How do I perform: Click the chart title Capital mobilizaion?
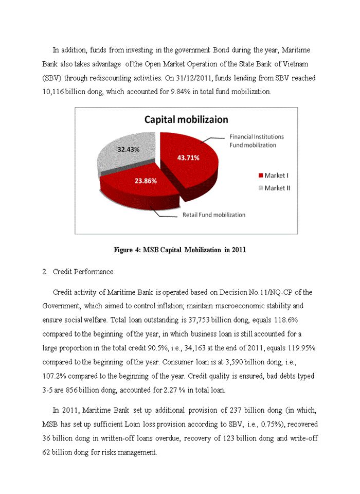point(186,119)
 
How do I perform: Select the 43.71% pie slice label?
point(188,157)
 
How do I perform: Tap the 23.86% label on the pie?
point(145,181)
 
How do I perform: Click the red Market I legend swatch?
point(260,175)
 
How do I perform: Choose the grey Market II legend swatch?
point(260,188)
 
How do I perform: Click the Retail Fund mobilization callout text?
point(214,215)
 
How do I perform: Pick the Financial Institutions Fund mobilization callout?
point(256,141)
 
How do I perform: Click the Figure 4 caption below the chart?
point(179,250)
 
